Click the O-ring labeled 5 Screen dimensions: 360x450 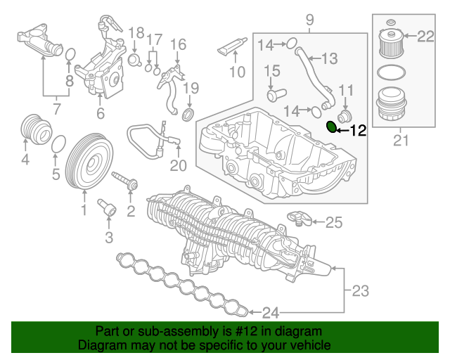point(60,143)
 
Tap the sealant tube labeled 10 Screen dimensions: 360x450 point(232,48)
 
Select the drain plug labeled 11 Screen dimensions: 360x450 point(345,114)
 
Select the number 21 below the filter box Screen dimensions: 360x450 point(401,141)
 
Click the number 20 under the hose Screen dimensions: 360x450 point(179,166)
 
